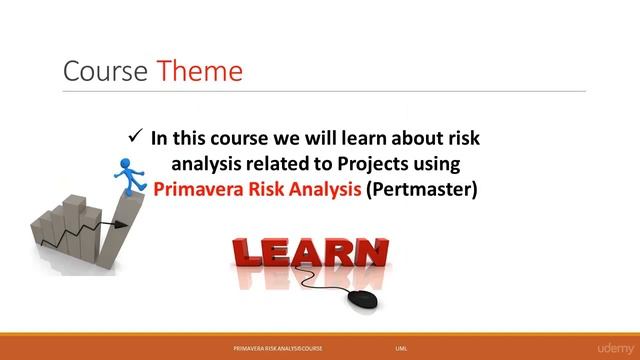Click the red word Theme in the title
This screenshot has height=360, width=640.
click(199, 71)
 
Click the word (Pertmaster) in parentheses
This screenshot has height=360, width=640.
click(423, 186)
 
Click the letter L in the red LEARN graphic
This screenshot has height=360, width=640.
click(246, 255)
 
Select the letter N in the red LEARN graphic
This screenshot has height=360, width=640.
click(369, 254)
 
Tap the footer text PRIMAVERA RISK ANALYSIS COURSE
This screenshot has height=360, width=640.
click(291, 348)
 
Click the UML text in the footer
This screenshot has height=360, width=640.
click(401, 348)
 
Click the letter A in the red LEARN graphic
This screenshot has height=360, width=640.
click(307, 255)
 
